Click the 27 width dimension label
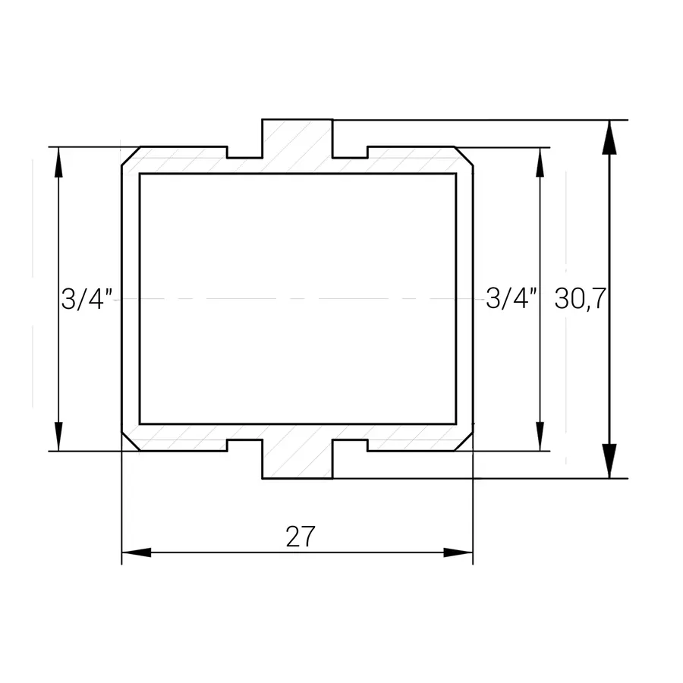coord(300,537)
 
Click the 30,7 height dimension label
coord(581,299)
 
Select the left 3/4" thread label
coord(87,299)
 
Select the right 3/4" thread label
coord(511,299)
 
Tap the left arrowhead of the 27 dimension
coord(136,552)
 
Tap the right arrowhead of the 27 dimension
coord(458,552)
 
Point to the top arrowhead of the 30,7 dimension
coord(609,137)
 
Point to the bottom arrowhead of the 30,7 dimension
coord(609,461)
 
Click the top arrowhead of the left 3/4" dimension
coord(58,162)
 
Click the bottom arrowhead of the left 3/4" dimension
coord(58,436)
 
